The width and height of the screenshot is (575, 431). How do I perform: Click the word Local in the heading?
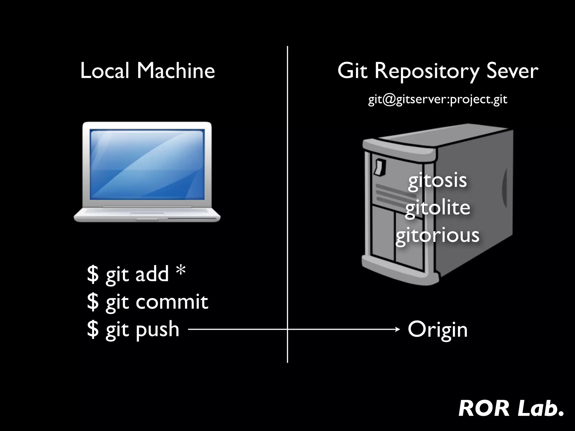[x=104, y=71]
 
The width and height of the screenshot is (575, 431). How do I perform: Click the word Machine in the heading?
[x=176, y=71]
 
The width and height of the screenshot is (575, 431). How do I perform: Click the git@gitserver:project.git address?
[x=437, y=100]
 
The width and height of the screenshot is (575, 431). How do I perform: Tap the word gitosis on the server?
[x=437, y=181]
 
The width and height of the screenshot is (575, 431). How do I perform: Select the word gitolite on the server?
[x=437, y=208]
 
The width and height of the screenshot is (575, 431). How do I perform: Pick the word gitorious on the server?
[x=437, y=235]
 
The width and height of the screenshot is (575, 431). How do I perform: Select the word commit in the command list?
[x=172, y=302]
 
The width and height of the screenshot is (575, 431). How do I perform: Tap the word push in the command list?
[x=157, y=329]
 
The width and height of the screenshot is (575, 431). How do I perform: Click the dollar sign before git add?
[x=93, y=274]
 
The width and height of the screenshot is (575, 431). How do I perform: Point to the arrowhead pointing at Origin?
[x=398, y=329]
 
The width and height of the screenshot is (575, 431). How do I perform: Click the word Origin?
[x=437, y=329]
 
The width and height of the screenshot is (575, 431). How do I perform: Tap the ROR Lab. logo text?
[x=511, y=409]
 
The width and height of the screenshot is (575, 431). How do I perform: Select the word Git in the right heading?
[x=352, y=71]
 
